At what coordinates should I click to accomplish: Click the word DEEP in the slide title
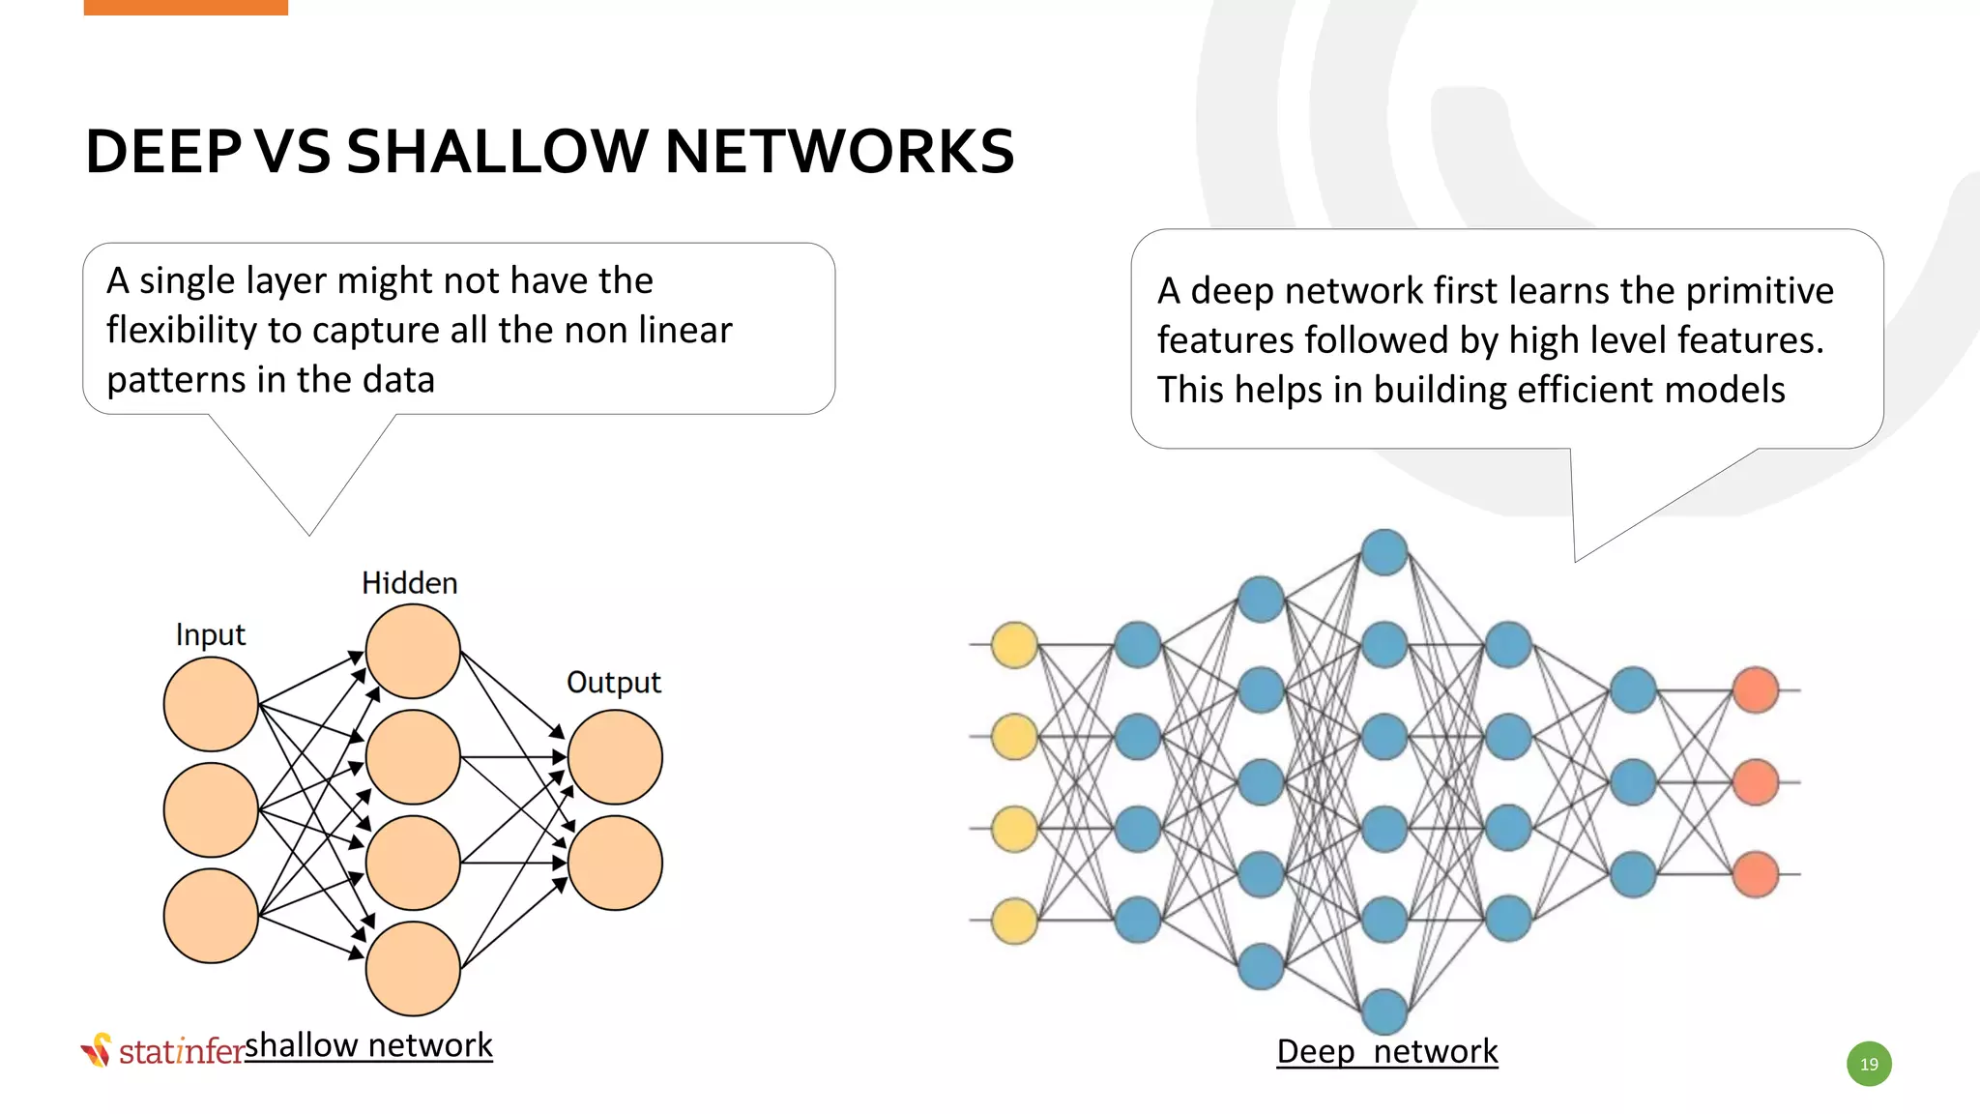pos(162,152)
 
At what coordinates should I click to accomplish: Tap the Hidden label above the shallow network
pos(409,583)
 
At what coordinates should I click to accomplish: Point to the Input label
pos(210,635)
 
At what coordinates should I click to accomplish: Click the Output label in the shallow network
pos(613,683)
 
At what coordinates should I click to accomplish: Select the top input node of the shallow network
pos(211,704)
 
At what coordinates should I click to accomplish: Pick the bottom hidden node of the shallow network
pos(413,968)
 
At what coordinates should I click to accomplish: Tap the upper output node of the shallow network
pos(615,757)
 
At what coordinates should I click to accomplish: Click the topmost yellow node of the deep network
pos(1014,645)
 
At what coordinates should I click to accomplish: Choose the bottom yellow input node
pos(1014,920)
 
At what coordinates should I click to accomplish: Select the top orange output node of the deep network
pos(1756,689)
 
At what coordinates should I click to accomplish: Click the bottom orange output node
pos(1756,873)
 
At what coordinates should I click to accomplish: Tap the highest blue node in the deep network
pos(1384,552)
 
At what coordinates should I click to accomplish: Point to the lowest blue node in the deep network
pos(1384,1011)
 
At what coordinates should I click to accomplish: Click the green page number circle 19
pos(1869,1064)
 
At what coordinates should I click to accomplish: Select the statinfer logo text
pos(182,1051)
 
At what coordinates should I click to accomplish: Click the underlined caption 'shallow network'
pos(368,1045)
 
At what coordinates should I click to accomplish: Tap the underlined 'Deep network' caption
pos(1386,1051)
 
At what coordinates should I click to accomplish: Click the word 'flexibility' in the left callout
pos(181,331)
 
